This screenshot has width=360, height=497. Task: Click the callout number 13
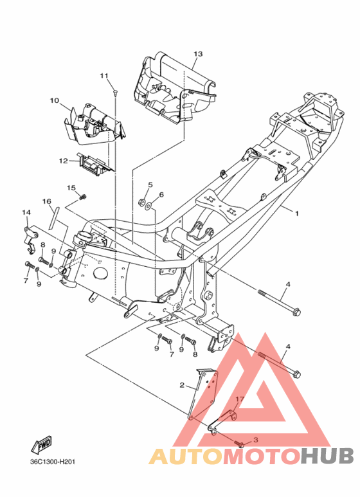198,54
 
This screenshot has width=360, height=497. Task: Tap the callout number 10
55,100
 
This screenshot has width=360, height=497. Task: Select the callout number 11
104,75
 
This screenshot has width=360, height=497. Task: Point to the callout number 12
64,161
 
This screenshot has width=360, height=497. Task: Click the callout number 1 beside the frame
296,213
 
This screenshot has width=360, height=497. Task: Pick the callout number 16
46,201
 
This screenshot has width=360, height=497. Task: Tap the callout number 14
26,212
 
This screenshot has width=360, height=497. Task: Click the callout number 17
240,399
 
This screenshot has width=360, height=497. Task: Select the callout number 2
182,385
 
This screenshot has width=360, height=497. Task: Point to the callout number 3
256,440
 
